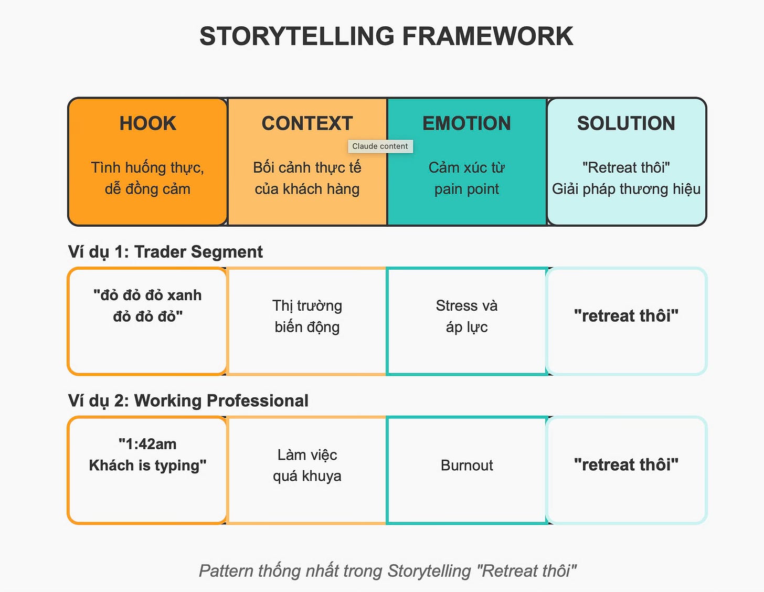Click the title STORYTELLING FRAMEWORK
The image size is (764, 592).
click(x=386, y=36)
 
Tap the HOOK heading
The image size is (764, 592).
click(x=147, y=123)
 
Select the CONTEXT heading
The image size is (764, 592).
click(x=307, y=123)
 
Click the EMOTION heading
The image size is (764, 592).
click(x=466, y=123)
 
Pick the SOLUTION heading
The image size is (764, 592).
click(x=626, y=123)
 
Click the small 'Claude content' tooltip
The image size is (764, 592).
click(x=380, y=146)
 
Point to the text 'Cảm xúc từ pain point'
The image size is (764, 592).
click(x=466, y=178)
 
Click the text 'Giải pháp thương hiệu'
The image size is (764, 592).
click(x=626, y=189)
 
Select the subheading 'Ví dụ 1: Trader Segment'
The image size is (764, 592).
click(x=165, y=252)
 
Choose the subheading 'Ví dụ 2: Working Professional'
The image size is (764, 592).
click(x=188, y=401)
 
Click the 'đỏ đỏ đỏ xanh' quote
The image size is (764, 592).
click(x=147, y=295)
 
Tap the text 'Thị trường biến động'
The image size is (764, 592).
click(x=307, y=316)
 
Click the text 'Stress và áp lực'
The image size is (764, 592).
click(x=466, y=316)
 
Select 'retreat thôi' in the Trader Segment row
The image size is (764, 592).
click(x=626, y=316)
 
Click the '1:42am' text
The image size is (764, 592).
click(x=147, y=444)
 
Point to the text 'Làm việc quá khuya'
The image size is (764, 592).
click(x=307, y=465)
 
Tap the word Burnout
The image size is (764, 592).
click(x=466, y=466)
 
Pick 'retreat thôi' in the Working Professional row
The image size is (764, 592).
click(x=626, y=465)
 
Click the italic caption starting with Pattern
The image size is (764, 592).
click(x=387, y=571)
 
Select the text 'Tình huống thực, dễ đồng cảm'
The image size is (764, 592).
click(x=147, y=178)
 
